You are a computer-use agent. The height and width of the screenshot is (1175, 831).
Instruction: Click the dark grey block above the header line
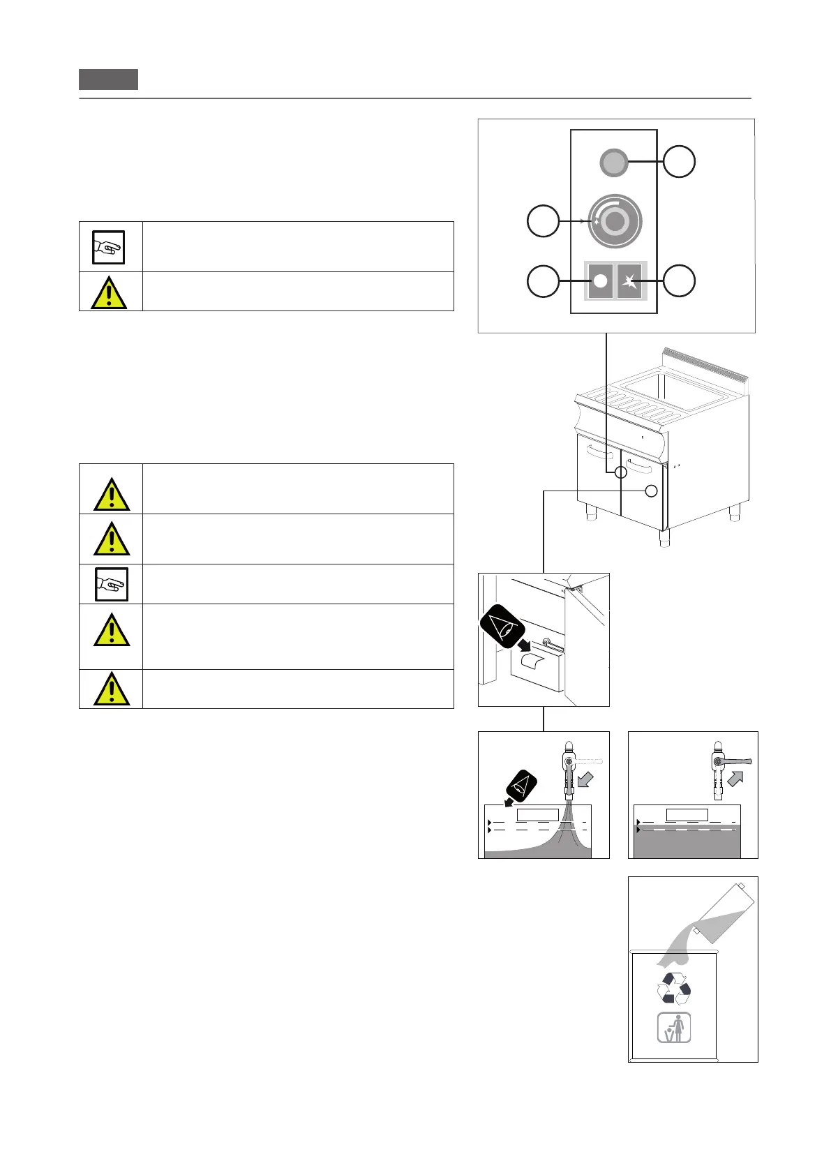[108, 80]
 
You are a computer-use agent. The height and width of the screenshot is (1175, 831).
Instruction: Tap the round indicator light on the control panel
[614, 163]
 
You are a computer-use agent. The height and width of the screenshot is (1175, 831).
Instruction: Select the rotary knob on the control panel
[614, 221]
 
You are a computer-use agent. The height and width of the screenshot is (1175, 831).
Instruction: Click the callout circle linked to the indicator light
[679, 161]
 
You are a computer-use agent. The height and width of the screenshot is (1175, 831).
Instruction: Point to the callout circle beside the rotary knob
[543, 221]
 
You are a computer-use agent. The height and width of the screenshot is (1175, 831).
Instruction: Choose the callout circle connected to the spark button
[679, 280]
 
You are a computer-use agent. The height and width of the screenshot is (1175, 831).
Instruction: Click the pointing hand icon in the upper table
[109, 247]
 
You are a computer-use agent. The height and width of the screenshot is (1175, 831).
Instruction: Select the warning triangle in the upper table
[109, 292]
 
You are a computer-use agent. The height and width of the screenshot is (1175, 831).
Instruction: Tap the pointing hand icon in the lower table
[111, 584]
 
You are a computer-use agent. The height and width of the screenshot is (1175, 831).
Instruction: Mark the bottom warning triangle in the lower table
[111, 689]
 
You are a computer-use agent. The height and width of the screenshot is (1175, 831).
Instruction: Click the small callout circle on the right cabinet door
[651, 491]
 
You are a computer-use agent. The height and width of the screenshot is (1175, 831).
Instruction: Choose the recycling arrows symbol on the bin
[674, 989]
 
